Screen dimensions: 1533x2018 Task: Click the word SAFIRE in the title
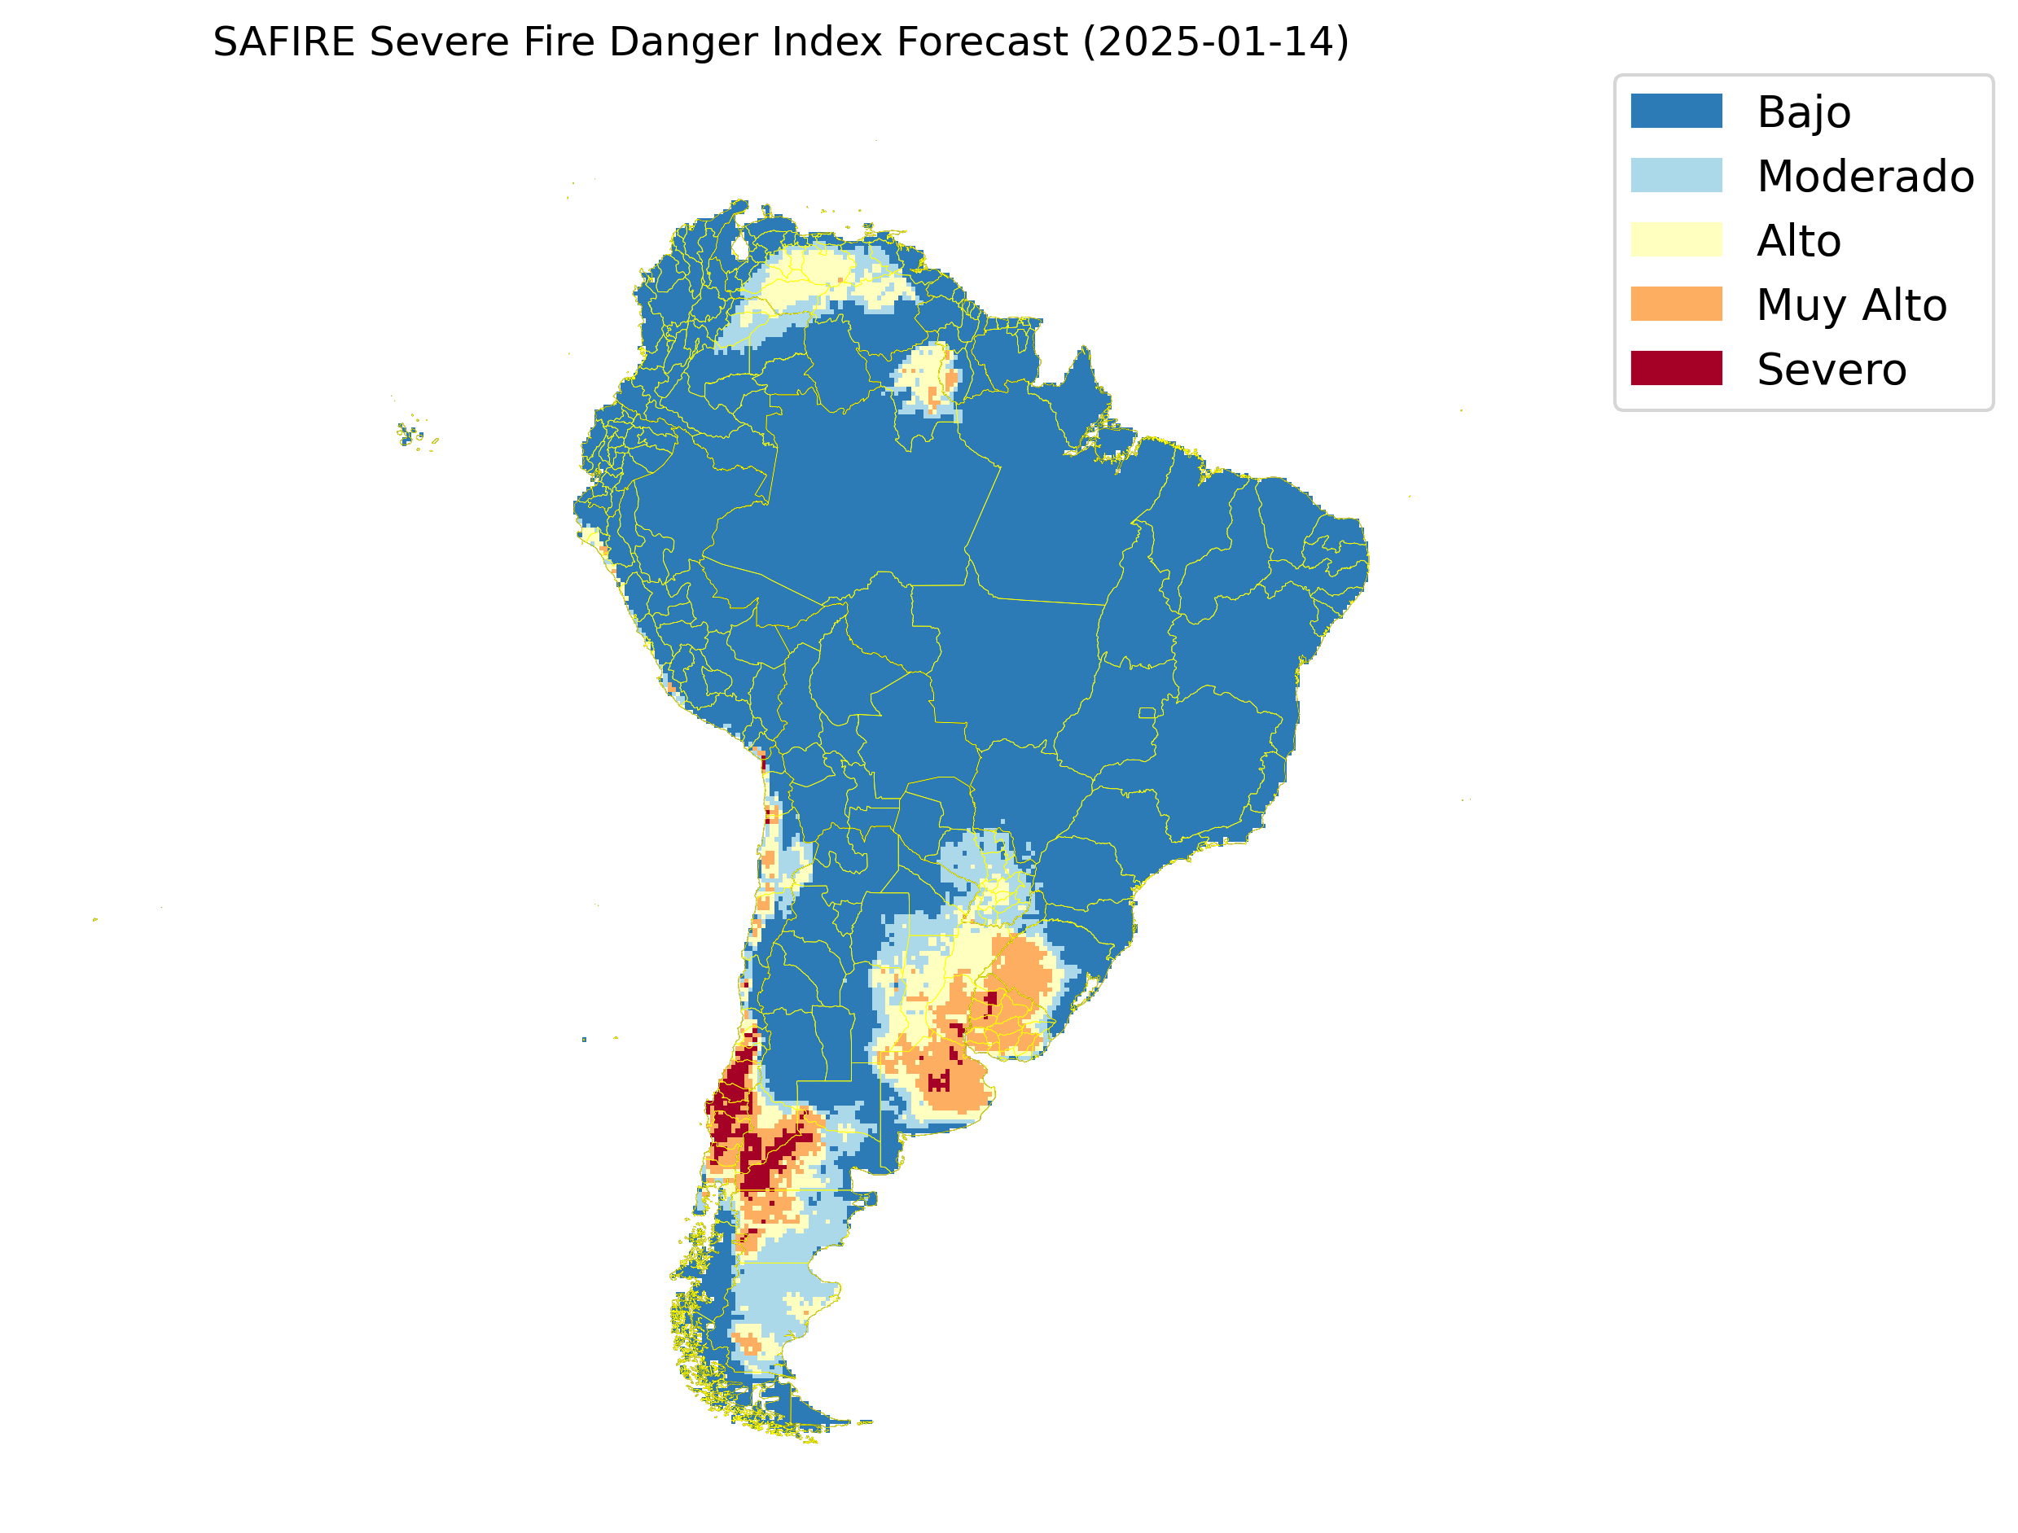click(x=283, y=42)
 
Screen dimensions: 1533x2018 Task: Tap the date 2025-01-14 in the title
click(x=1215, y=42)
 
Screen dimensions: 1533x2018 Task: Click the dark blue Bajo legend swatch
click(x=1676, y=112)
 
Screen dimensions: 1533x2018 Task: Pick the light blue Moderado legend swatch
click(x=1676, y=175)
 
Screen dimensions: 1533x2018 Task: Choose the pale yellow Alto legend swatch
click(x=1676, y=240)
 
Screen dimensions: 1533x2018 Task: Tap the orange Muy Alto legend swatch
click(x=1676, y=304)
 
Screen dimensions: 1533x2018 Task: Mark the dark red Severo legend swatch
click(x=1676, y=368)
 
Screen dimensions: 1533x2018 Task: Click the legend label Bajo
click(x=1804, y=112)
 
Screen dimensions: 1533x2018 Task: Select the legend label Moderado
click(x=1865, y=176)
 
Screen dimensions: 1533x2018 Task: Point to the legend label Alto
click(x=1798, y=241)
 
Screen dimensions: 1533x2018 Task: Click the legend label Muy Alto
click(x=1851, y=304)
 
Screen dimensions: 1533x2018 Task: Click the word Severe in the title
click(x=438, y=42)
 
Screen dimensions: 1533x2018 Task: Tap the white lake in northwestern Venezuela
click(x=740, y=247)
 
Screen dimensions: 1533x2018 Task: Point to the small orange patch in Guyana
click(x=950, y=379)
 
